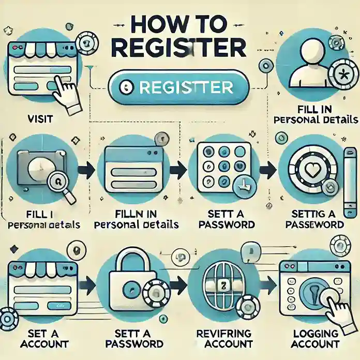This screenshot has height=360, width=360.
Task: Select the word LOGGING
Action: pos(315,334)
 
